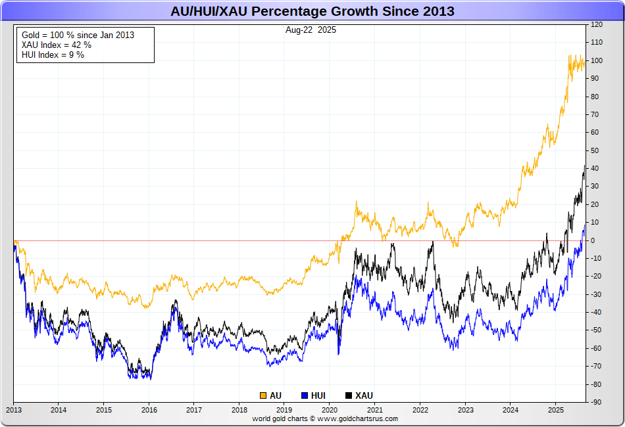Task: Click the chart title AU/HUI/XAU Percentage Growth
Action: point(312,12)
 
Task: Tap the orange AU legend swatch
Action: point(263,395)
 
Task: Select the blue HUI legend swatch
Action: point(305,395)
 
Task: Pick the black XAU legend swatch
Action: point(349,395)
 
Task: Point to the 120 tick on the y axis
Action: point(597,25)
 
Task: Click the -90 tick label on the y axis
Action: point(597,402)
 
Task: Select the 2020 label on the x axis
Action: point(330,409)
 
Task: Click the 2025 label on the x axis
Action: point(556,409)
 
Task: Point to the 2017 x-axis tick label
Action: point(194,409)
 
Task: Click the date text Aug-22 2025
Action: point(311,30)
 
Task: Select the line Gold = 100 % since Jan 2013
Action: point(78,35)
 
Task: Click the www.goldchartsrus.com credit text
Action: point(325,418)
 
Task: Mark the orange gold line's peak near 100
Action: point(570,56)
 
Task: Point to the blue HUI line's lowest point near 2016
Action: point(151,379)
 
